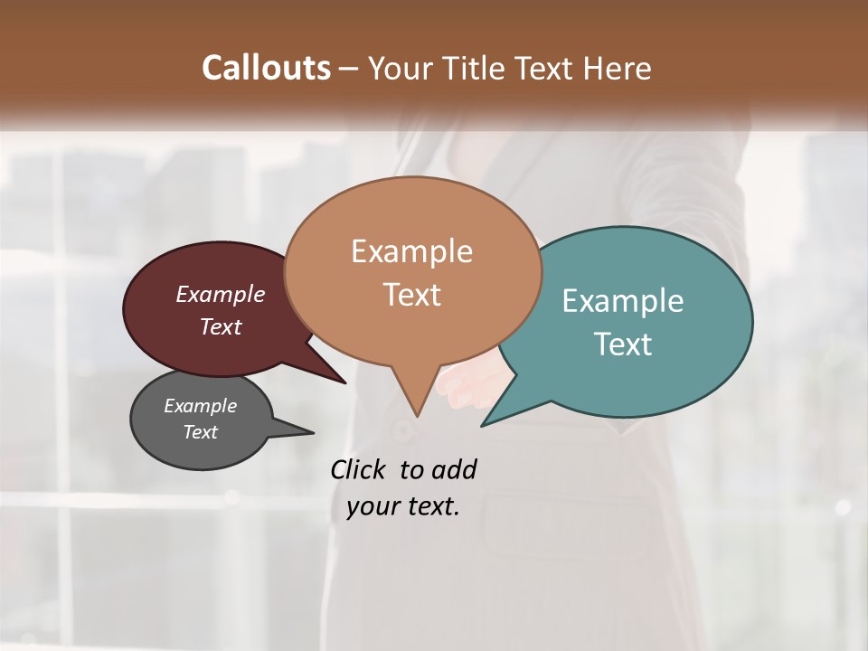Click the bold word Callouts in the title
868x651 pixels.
pyautogui.click(x=266, y=68)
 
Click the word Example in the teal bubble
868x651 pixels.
pyautogui.click(x=623, y=301)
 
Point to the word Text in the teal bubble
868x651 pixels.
pyautogui.click(x=623, y=344)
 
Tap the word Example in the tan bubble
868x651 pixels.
pyautogui.click(x=411, y=251)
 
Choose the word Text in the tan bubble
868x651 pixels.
pyautogui.click(x=412, y=295)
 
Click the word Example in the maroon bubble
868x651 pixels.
pyautogui.click(x=221, y=295)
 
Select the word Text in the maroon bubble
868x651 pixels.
pyautogui.click(x=221, y=326)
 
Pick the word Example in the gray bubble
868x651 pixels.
pyautogui.click(x=200, y=406)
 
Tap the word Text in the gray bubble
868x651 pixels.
pyautogui.click(x=201, y=432)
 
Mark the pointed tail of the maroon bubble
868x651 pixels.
pyautogui.click(x=335, y=376)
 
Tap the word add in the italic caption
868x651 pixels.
pyautogui.click(x=453, y=469)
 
